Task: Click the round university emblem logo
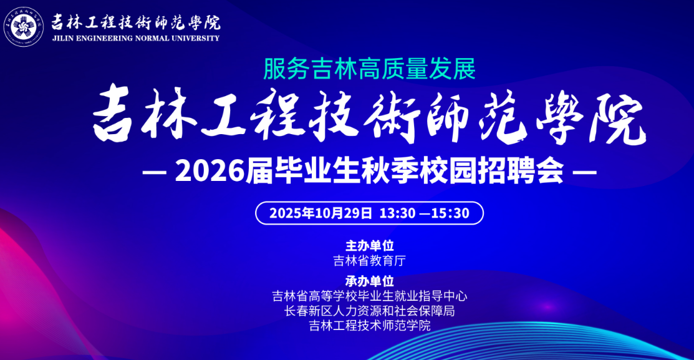pos(24,27)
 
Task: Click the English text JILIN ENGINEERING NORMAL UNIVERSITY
pos(135,39)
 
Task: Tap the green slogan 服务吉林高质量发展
pos(370,69)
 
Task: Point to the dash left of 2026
pos(154,172)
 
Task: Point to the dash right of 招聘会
pos(585,172)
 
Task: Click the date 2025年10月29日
pos(320,213)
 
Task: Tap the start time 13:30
pos(397,213)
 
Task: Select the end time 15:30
pos(450,213)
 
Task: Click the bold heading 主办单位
pos(370,245)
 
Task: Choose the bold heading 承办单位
pos(370,281)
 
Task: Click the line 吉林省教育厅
pos(370,260)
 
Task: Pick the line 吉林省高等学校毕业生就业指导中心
pos(370,296)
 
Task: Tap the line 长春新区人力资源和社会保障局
pos(370,311)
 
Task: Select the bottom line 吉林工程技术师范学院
pos(370,326)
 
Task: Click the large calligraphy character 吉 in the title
pos(112,114)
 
